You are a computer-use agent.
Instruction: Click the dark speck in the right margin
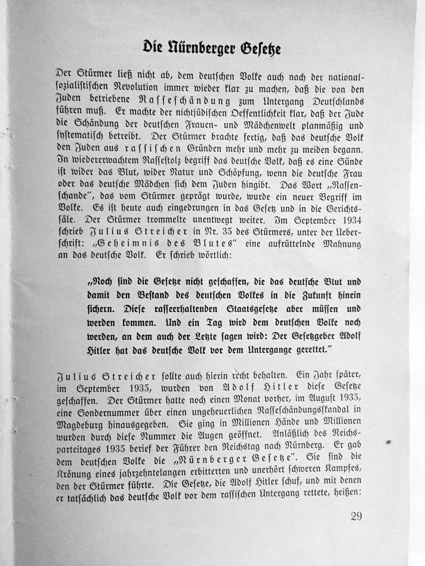[x=389, y=442]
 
